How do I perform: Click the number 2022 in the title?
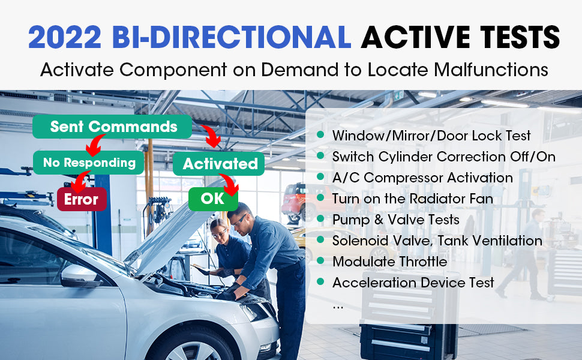coord(65,37)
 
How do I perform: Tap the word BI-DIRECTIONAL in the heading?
coord(232,37)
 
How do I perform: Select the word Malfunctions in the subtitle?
coord(491,70)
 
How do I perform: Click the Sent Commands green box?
coord(112,127)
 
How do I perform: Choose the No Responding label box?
coord(88,163)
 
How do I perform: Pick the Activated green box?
coord(218,164)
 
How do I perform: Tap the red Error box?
coord(82,199)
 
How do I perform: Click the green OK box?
coord(213,199)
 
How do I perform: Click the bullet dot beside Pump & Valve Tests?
coord(320,219)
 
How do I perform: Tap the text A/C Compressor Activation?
coord(422,178)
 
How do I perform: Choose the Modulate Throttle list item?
coord(390,262)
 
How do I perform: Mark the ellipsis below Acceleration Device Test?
coord(338,308)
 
